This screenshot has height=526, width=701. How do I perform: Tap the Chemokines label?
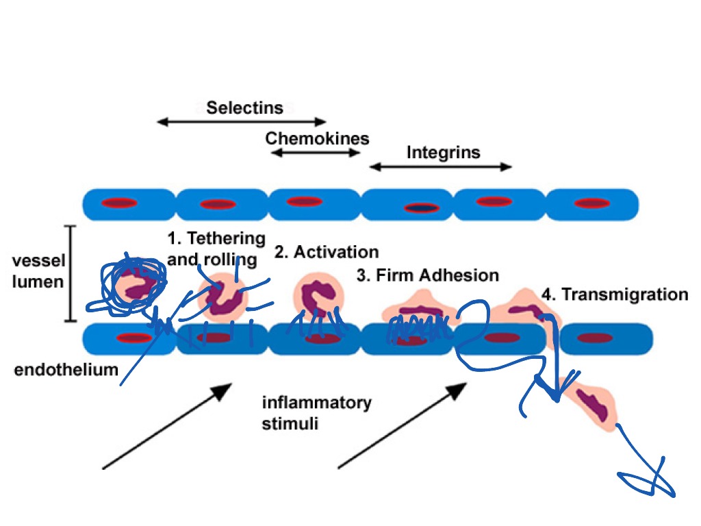point(317,138)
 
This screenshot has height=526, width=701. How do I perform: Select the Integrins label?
point(444,152)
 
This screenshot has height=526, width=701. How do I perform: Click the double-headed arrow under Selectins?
point(242,122)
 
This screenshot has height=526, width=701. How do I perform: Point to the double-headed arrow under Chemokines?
point(316,153)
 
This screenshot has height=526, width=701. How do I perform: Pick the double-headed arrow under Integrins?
point(441,166)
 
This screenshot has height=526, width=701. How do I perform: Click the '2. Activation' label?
point(327,252)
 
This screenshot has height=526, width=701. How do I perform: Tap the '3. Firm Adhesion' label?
point(428,276)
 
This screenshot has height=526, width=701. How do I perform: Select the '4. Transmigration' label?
point(615,295)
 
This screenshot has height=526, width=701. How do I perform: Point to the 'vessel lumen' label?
point(38,272)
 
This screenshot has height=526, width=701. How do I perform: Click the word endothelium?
point(66,371)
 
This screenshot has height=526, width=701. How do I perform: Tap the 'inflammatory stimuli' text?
point(316,412)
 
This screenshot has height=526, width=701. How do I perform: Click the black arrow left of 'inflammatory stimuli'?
point(167,427)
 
